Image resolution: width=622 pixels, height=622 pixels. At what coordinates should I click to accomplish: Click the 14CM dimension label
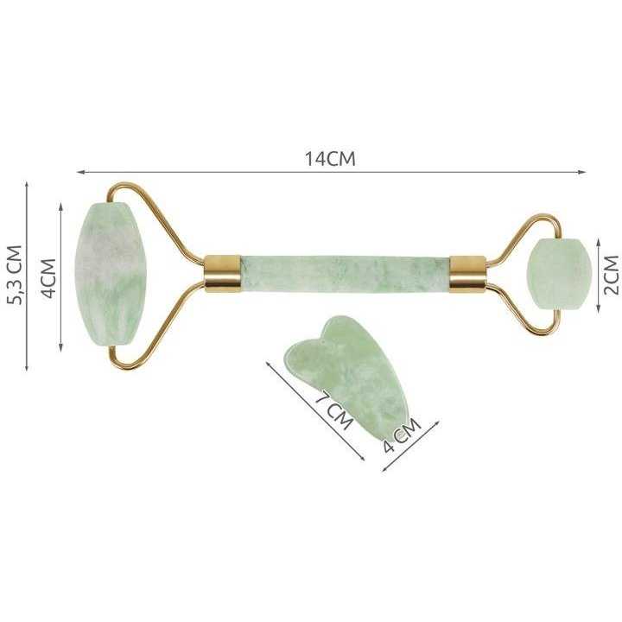[329, 160]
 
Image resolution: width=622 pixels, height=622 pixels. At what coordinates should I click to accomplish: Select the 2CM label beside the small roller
[611, 275]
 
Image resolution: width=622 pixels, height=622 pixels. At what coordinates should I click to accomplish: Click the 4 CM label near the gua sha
[400, 435]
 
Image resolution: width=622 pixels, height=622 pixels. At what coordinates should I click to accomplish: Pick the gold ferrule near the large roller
[223, 274]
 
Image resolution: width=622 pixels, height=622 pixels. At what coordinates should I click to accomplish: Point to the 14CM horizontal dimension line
[216, 172]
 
